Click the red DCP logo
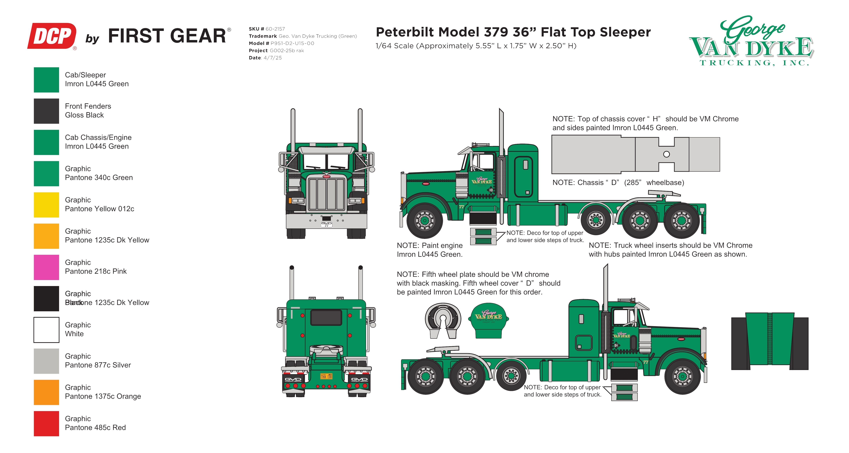point(52,36)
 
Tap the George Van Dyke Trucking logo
point(751,41)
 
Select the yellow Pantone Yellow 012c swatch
point(47,205)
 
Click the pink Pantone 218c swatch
point(47,267)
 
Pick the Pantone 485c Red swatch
point(47,423)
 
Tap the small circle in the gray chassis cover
point(666,154)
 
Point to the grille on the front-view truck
point(326,194)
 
